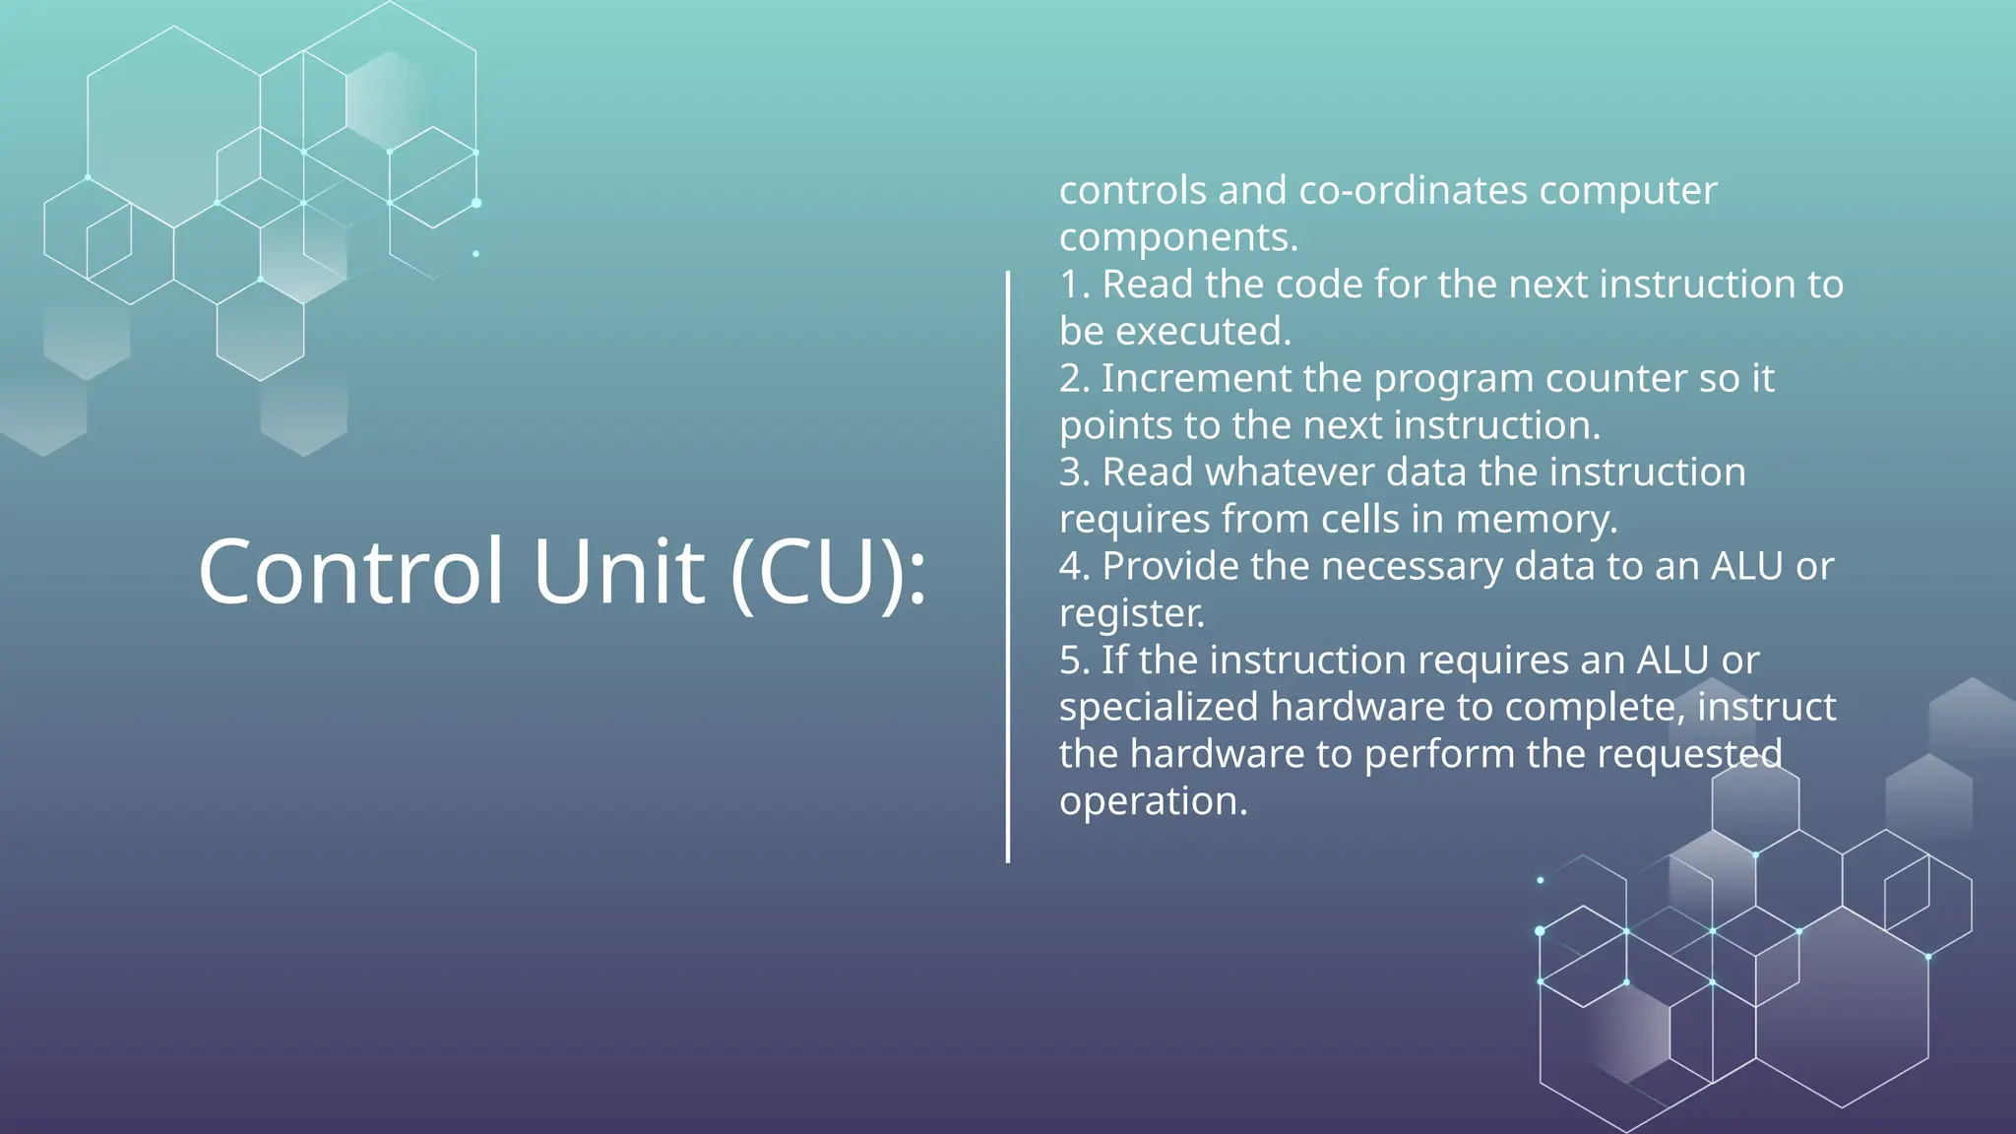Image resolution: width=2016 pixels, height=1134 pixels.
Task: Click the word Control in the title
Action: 351,572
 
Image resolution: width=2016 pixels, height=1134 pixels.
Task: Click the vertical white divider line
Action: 1008,566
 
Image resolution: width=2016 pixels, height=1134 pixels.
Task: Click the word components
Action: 1178,237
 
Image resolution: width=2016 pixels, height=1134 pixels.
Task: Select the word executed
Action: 1203,332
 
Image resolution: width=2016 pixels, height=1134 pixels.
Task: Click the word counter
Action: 1616,379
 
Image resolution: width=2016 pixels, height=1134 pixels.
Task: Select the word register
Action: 1132,614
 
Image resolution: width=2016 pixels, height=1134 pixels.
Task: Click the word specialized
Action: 1159,708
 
